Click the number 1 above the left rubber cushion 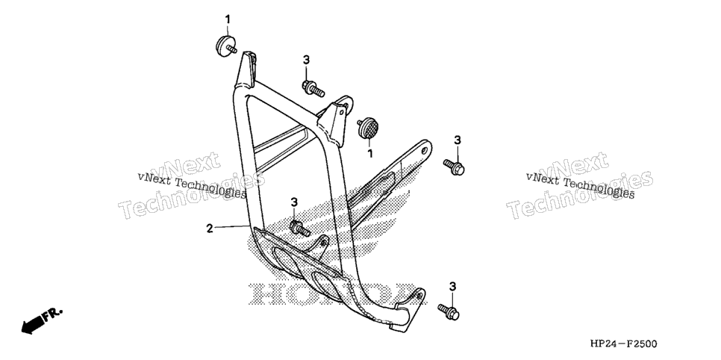tap(227, 19)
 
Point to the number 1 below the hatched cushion tap(370, 153)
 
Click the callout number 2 tap(210, 228)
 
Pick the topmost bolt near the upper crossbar tap(313, 88)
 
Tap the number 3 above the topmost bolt tap(306, 60)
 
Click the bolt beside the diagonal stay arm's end tap(454, 167)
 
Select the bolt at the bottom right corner tap(449, 311)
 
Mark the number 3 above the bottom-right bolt tap(452, 287)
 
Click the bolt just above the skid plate tap(300, 229)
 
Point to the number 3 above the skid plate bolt tap(294, 202)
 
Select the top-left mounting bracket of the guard tap(246, 69)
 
